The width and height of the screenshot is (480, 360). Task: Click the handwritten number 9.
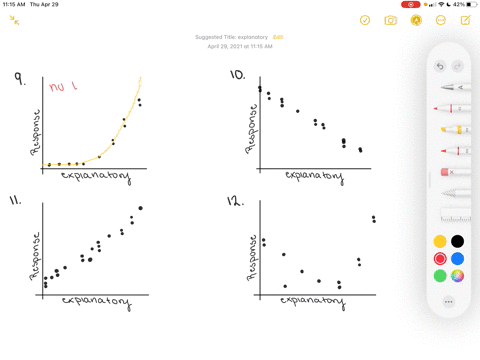click(x=19, y=78)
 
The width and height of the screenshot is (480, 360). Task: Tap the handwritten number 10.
click(x=237, y=75)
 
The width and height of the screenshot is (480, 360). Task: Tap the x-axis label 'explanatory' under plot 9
click(x=95, y=176)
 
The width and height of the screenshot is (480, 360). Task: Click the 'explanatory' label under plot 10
click(x=314, y=176)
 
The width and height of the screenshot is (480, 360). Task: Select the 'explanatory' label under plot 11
click(x=96, y=300)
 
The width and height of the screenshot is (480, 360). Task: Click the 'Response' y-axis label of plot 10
click(x=253, y=128)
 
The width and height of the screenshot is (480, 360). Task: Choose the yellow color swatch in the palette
click(x=440, y=241)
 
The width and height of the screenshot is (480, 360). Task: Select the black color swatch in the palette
click(x=457, y=241)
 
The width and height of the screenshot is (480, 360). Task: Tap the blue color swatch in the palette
click(x=457, y=258)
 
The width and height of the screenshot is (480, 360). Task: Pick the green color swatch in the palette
click(x=440, y=275)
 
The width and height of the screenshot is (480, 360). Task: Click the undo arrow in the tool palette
click(x=440, y=66)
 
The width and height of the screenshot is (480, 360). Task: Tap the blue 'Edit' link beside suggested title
click(x=278, y=37)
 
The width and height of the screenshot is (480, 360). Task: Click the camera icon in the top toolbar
click(x=390, y=20)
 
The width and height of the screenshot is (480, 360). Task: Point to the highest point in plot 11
click(x=140, y=208)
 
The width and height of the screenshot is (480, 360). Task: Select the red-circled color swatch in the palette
click(x=440, y=258)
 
